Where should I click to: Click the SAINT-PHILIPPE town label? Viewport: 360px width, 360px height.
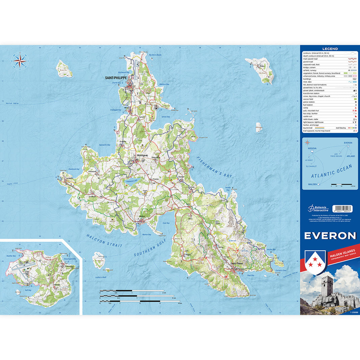(x=115, y=78)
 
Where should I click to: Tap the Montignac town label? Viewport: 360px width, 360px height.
(x=142, y=155)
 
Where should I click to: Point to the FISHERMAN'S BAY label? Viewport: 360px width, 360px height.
(x=215, y=167)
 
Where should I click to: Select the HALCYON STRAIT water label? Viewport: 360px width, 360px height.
(x=104, y=241)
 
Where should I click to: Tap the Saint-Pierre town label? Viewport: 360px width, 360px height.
(x=236, y=263)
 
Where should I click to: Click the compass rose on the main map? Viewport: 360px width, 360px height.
(x=20, y=61)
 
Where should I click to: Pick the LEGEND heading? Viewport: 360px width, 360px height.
(x=330, y=49)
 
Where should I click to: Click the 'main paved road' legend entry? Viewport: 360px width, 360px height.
(x=310, y=59)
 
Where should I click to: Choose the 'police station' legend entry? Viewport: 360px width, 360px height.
(x=309, y=102)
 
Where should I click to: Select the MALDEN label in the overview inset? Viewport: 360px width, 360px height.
(x=313, y=184)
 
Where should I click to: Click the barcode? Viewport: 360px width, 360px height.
(x=342, y=209)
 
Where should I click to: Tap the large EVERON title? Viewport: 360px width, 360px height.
(x=330, y=236)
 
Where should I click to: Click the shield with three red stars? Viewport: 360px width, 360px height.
(x=315, y=261)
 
